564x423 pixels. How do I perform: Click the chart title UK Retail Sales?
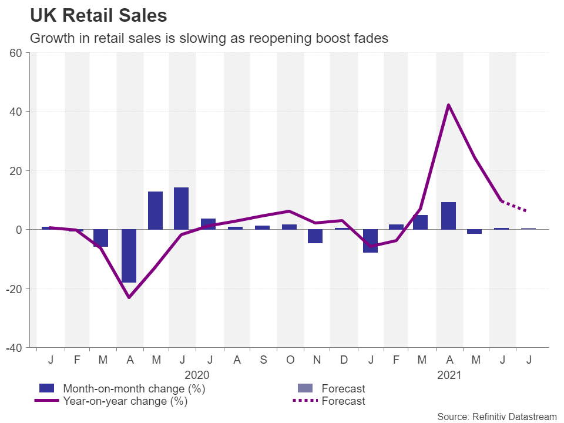click(98, 15)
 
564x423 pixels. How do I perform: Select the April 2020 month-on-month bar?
click(129, 256)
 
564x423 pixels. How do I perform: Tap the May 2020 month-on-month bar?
click(155, 210)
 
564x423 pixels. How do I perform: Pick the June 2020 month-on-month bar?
click(181, 209)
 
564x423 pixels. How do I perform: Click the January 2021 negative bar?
click(370, 241)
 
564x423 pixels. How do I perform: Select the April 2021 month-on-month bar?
click(448, 216)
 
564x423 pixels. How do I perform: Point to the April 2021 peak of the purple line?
click(448, 105)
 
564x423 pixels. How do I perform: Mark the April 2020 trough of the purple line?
click(129, 297)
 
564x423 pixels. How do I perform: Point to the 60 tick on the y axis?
click(16, 53)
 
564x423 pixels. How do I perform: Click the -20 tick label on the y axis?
click(14, 288)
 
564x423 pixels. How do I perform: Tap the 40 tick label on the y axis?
click(16, 112)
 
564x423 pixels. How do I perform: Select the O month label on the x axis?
click(290, 360)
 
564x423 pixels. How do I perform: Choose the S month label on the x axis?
click(263, 360)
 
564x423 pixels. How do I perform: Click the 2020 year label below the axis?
click(197, 375)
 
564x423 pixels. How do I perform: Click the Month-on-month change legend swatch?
click(46, 388)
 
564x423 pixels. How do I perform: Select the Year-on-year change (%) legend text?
click(125, 401)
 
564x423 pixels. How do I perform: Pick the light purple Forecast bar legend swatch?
click(306, 388)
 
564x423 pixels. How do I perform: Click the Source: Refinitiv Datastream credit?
click(496, 416)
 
